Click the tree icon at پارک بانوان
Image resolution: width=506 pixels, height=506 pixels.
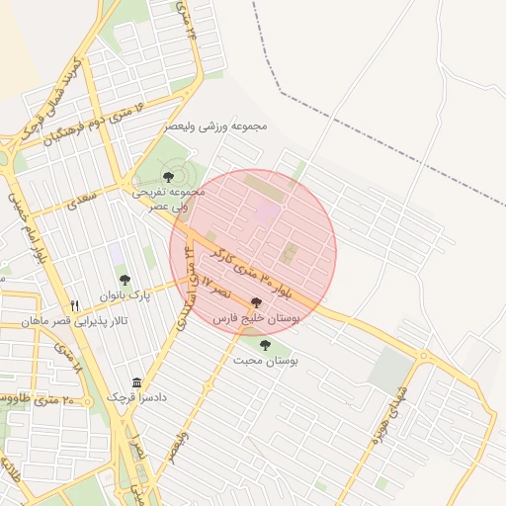click(125, 280)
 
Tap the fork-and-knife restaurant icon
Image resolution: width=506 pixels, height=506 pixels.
click(74, 305)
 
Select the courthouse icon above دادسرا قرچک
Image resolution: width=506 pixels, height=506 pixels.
click(136, 382)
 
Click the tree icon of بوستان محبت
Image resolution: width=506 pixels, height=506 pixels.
click(264, 344)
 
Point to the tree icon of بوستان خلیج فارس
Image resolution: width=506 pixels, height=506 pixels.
click(257, 303)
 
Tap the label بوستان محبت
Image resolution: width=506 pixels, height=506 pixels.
click(266, 362)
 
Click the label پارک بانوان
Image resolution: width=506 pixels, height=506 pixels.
click(124, 295)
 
